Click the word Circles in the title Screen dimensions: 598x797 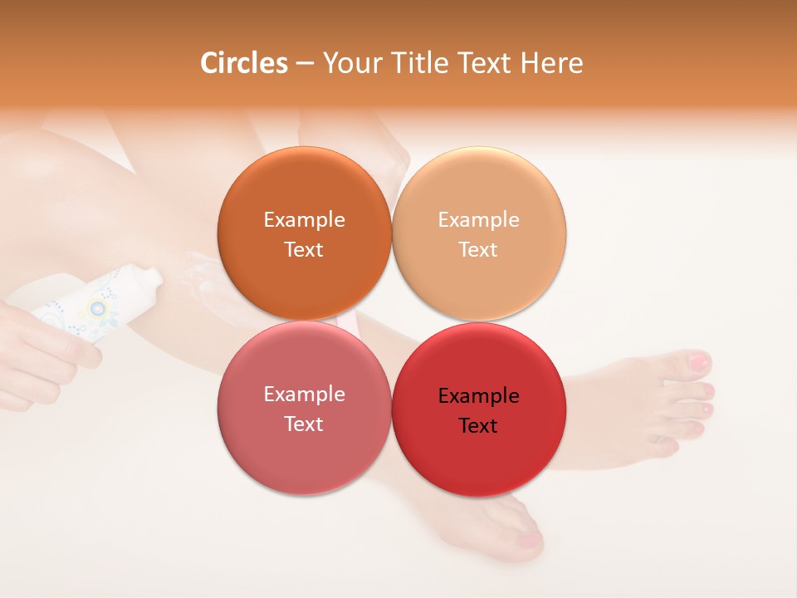click(x=244, y=63)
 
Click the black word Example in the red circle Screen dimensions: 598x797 click(x=479, y=396)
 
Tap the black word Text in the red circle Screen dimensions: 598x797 click(x=478, y=426)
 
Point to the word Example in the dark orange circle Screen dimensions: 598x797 click(x=304, y=220)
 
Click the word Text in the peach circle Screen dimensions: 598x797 click(x=478, y=250)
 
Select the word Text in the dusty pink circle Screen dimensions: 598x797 click(x=304, y=424)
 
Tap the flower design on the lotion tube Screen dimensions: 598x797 click(x=99, y=310)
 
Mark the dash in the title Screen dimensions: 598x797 click(x=305, y=64)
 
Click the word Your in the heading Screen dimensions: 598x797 click(x=349, y=63)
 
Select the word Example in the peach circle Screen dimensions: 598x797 click(x=479, y=220)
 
